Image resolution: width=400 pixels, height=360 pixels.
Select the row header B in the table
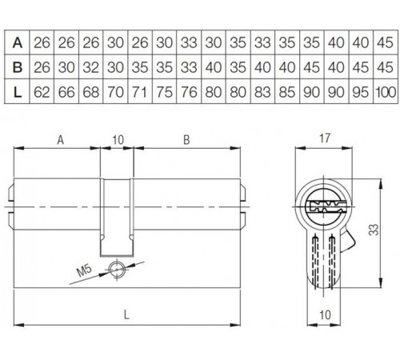point(17,67)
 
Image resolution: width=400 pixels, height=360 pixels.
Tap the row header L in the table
point(17,93)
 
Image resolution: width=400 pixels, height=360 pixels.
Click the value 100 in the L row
point(385,93)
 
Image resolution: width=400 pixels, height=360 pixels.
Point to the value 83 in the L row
point(262,93)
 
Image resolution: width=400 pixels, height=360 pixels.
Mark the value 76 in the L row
point(189,93)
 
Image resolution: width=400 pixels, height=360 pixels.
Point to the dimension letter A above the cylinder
point(60,139)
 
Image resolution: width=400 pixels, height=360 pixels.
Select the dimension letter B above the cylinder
point(186,139)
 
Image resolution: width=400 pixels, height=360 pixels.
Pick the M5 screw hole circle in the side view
point(119,268)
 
